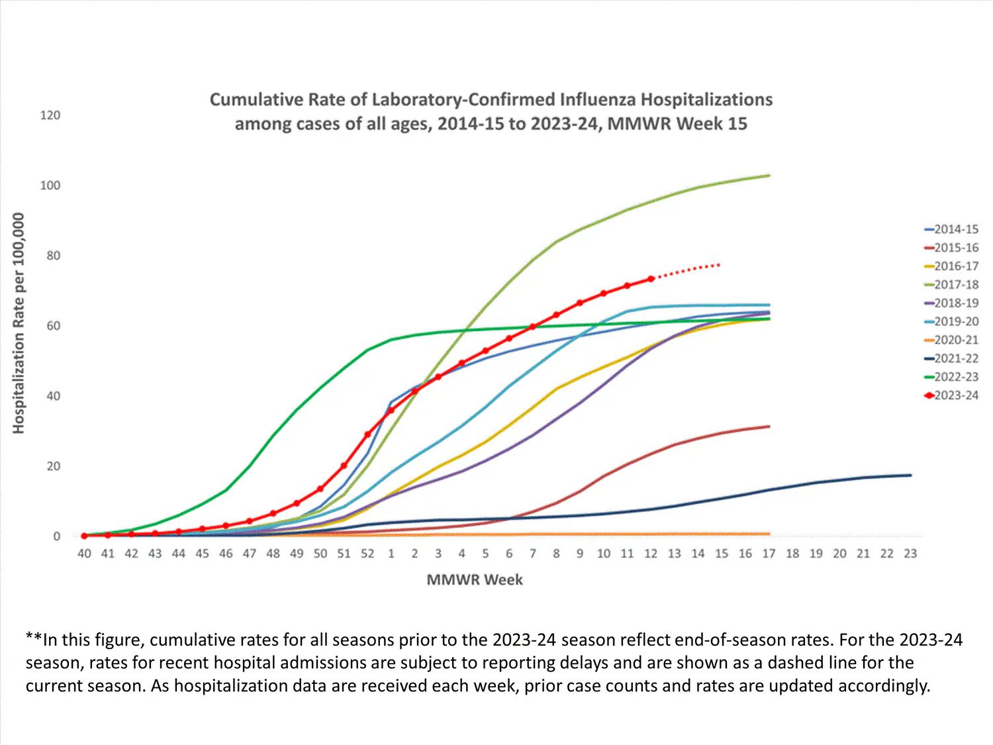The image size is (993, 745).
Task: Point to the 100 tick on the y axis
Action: pyautogui.click(x=50, y=185)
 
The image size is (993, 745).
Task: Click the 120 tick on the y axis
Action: pyautogui.click(x=50, y=115)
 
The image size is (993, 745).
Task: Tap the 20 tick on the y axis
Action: pyautogui.click(x=53, y=466)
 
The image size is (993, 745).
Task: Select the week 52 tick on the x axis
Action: pyautogui.click(x=367, y=554)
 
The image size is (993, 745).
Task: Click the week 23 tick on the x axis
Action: pyautogui.click(x=910, y=554)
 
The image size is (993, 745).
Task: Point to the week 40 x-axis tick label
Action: pyautogui.click(x=84, y=554)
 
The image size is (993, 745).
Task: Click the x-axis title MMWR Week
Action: pyautogui.click(x=475, y=580)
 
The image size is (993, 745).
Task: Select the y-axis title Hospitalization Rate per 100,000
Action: pyautogui.click(x=19, y=323)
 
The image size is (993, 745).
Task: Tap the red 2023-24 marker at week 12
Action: pyautogui.click(x=651, y=279)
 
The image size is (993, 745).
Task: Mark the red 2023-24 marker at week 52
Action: pyautogui.click(x=367, y=434)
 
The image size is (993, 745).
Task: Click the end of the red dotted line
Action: pyautogui.click(x=720, y=265)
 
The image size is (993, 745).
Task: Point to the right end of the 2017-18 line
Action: pyautogui.click(x=769, y=175)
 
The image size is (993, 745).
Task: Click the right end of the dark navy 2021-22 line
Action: pyautogui.click(x=911, y=475)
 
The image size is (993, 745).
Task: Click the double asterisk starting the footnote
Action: pyautogui.click(x=34, y=638)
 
